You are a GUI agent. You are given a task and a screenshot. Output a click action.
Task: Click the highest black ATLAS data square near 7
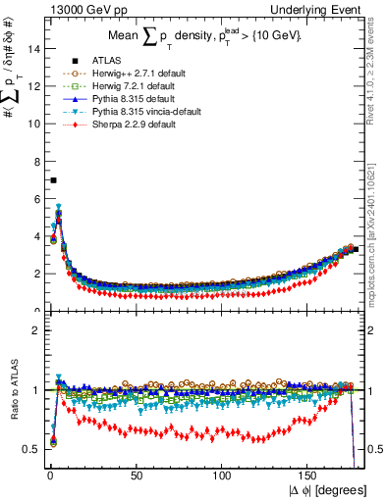coord(53,180)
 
